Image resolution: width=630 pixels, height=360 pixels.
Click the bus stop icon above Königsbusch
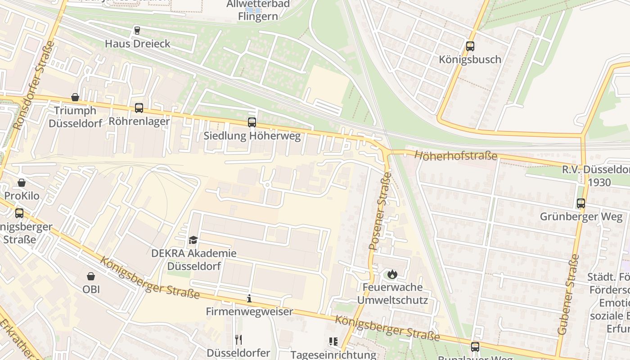click(x=470, y=46)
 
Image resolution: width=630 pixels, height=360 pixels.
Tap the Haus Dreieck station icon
click(x=137, y=31)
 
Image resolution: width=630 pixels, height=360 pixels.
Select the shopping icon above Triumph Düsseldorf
click(x=75, y=97)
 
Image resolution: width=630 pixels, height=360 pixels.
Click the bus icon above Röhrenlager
click(x=139, y=108)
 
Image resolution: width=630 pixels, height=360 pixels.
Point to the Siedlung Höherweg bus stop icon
click(x=252, y=122)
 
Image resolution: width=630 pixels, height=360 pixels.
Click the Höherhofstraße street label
click(x=455, y=156)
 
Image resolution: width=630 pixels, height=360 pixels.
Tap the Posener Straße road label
click(x=380, y=211)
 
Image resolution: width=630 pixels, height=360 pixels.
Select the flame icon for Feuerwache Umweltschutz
click(x=392, y=274)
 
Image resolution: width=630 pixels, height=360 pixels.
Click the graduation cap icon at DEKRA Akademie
click(x=193, y=240)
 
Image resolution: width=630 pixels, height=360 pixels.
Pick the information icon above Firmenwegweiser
click(x=249, y=298)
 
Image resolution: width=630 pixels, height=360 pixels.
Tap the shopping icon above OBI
click(x=91, y=276)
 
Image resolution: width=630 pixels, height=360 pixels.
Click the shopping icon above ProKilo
click(x=22, y=183)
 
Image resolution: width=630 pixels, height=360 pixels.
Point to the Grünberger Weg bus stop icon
click(x=581, y=203)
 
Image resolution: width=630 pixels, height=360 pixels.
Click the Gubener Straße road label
click(x=568, y=295)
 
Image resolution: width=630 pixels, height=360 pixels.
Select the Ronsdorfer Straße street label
click(x=34, y=85)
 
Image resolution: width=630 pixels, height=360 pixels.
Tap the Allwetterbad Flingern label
click(x=258, y=10)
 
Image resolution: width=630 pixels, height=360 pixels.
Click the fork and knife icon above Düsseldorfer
click(x=238, y=340)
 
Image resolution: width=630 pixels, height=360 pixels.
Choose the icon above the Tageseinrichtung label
click(x=333, y=342)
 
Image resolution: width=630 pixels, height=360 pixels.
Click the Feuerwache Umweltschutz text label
click(x=392, y=293)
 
